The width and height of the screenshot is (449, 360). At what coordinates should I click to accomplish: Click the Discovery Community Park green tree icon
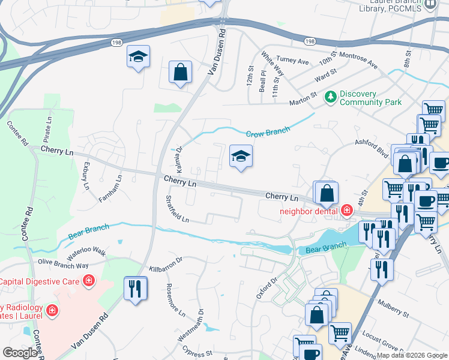(x=330, y=97)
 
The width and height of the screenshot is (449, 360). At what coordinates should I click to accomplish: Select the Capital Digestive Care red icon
(x=89, y=280)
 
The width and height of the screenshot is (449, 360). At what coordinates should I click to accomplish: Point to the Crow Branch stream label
(x=268, y=132)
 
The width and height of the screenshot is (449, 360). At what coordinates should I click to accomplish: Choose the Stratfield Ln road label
(x=177, y=209)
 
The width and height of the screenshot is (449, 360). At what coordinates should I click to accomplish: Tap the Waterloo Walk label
(x=86, y=250)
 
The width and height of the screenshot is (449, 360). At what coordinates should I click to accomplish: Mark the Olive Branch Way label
(x=63, y=263)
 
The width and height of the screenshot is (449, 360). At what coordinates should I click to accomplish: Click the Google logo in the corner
(x=20, y=353)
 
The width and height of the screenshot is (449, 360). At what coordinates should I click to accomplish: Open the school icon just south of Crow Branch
(x=240, y=157)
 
